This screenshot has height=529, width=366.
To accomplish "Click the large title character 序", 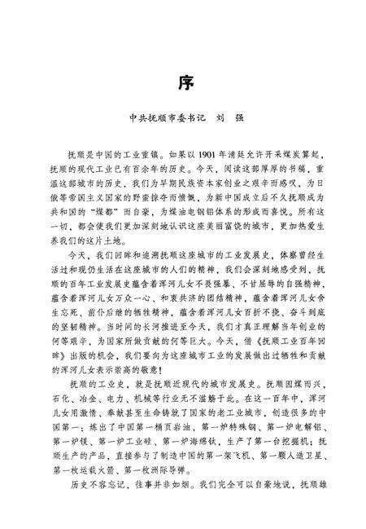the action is (183, 83).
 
